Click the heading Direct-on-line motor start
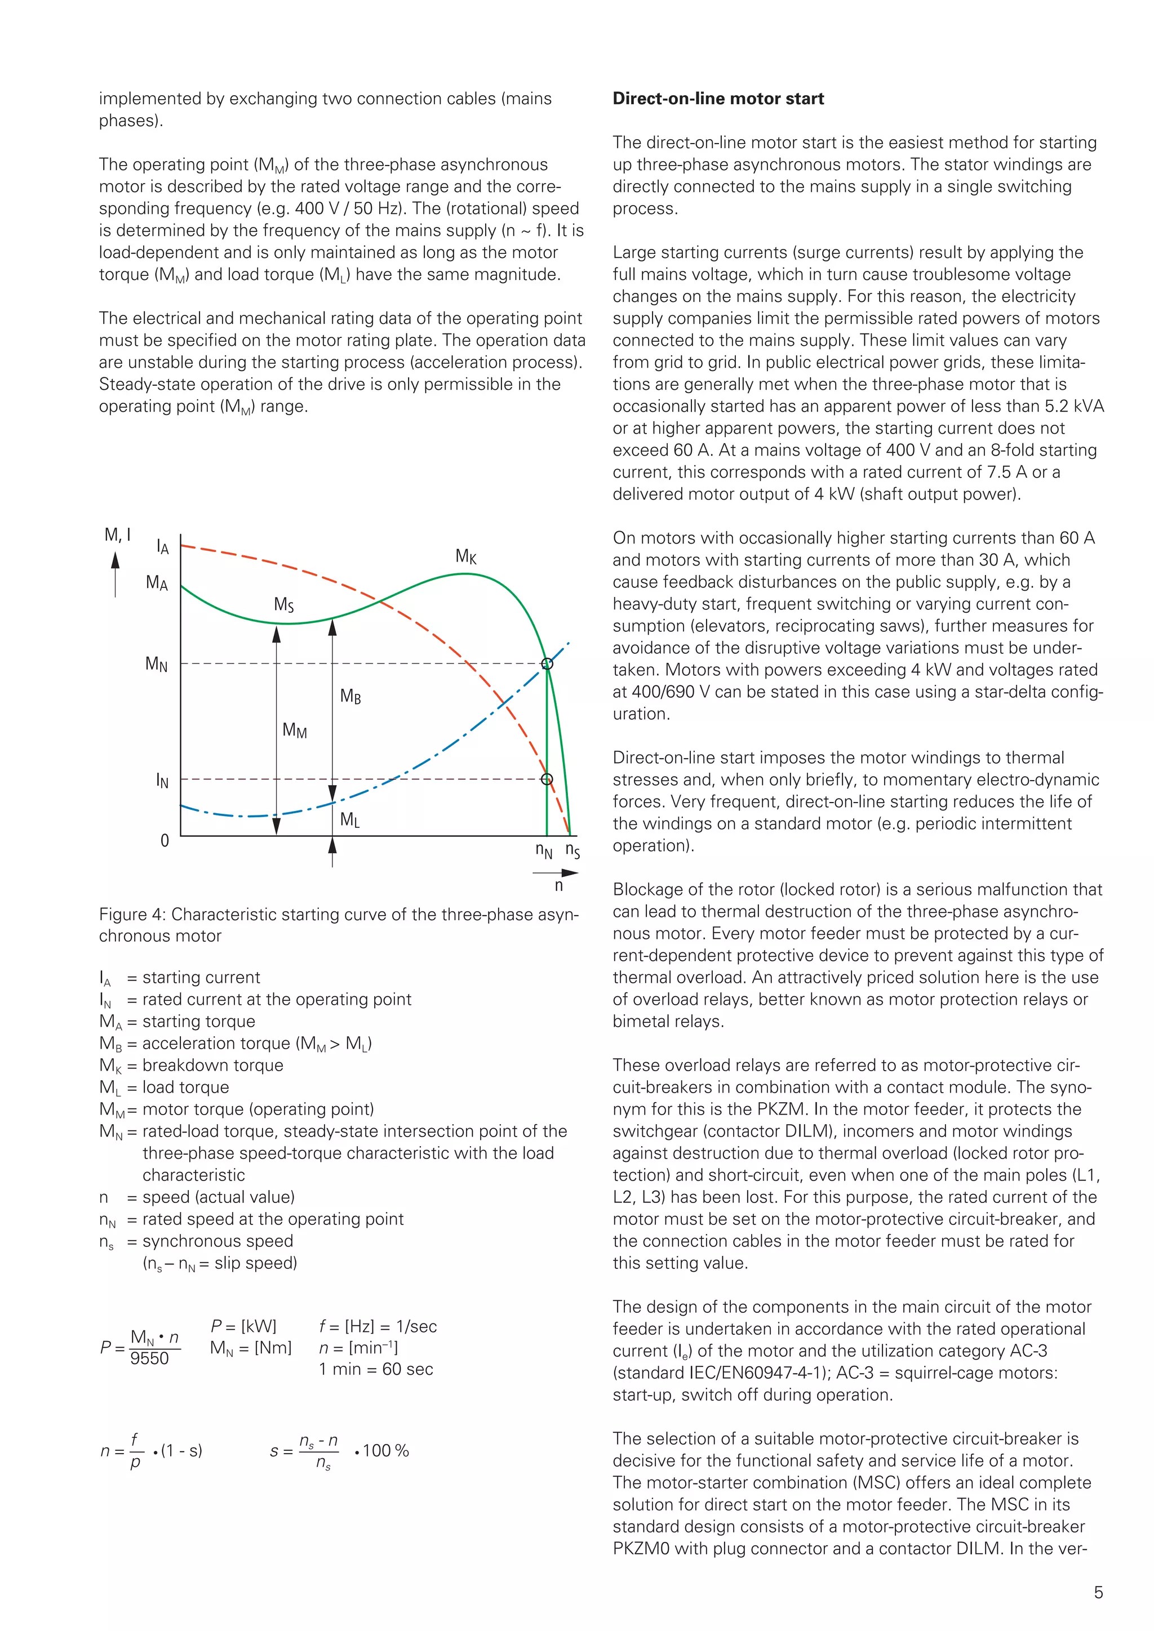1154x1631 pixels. [x=718, y=99]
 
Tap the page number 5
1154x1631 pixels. [x=1098, y=1593]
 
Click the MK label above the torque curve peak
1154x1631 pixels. [x=466, y=556]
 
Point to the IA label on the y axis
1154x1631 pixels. [x=163, y=547]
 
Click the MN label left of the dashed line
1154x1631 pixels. [x=156, y=664]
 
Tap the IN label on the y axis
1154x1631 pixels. [x=162, y=781]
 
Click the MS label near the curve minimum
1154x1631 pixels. [x=283, y=604]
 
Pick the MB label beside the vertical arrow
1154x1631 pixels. [x=350, y=696]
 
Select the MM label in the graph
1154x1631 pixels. [x=294, y=730]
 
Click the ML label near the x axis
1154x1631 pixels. [x=349, y=820]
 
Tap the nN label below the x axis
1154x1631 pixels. [x=544, y=850]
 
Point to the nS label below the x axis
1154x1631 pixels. [x=572, y=850]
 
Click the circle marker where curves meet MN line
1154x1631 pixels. [x=547, y=663]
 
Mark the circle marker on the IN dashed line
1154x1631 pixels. [x=547, y=779]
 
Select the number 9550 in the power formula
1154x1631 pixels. [x=149, y=1358]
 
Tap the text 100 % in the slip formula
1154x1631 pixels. [x=386, y=1451]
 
